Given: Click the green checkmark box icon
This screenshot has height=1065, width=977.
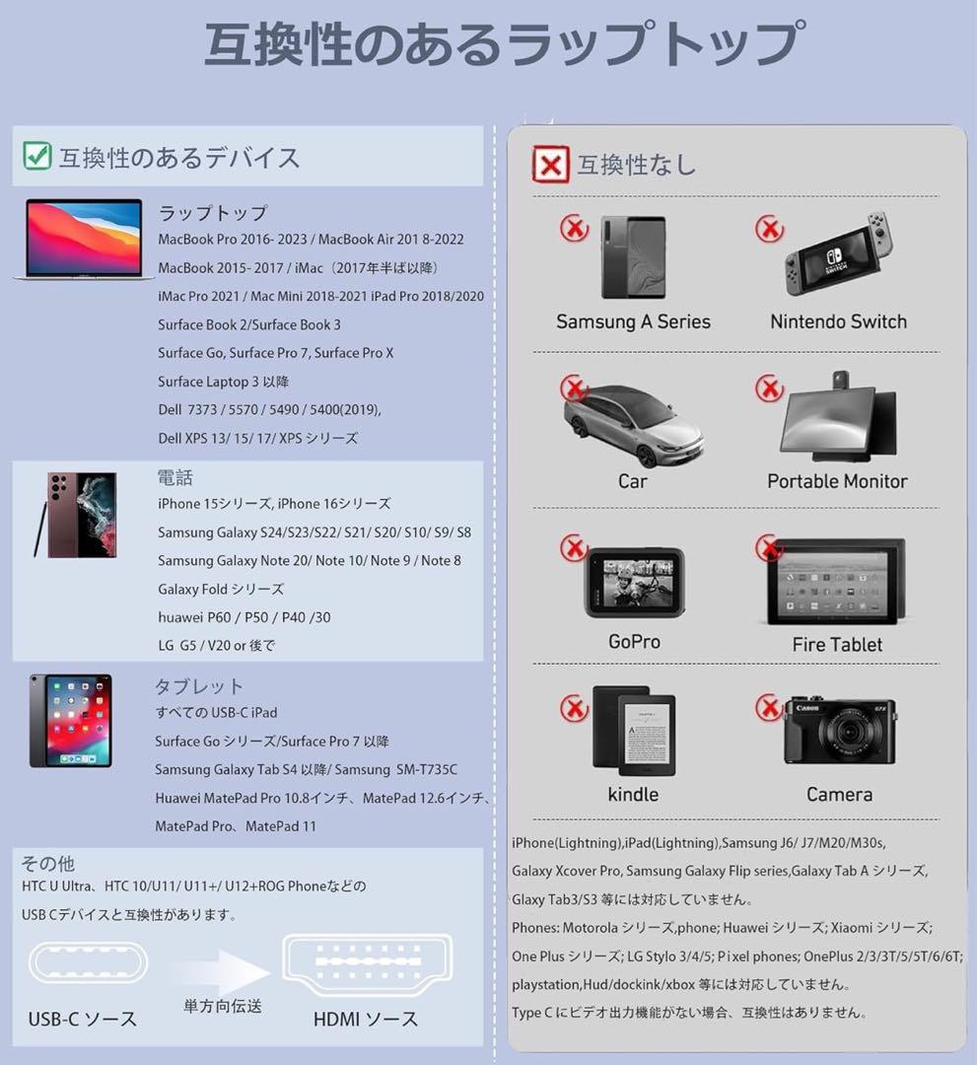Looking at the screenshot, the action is point(36,156).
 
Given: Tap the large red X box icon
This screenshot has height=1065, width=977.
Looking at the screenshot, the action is point(550,165).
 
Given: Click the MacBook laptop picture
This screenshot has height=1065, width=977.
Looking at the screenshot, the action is point(84,239).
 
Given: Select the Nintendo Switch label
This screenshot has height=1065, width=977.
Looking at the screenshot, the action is point(839,321).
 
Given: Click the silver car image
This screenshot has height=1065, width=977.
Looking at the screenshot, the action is point(633,425).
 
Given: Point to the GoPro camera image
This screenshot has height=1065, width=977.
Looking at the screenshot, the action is point(634,582).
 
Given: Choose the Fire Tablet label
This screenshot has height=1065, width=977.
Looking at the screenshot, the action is point(837,645).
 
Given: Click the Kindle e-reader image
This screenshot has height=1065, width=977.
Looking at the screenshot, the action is point(634,731).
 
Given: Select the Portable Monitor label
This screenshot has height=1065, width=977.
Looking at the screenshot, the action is point(837,481).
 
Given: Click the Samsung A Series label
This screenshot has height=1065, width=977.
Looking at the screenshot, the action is point(634,321).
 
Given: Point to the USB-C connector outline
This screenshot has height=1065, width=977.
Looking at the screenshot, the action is point(88,962).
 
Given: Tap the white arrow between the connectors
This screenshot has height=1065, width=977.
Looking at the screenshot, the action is point(224,971).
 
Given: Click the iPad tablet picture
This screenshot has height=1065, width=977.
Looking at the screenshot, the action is point(71,721).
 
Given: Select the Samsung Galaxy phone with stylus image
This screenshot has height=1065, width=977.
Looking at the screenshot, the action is point(76,516).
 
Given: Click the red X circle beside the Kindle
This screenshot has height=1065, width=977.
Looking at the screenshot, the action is point(574,708).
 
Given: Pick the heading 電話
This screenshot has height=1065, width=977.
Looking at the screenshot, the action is point(175,477).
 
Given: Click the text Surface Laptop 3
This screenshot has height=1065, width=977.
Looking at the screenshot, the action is point(208,382).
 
